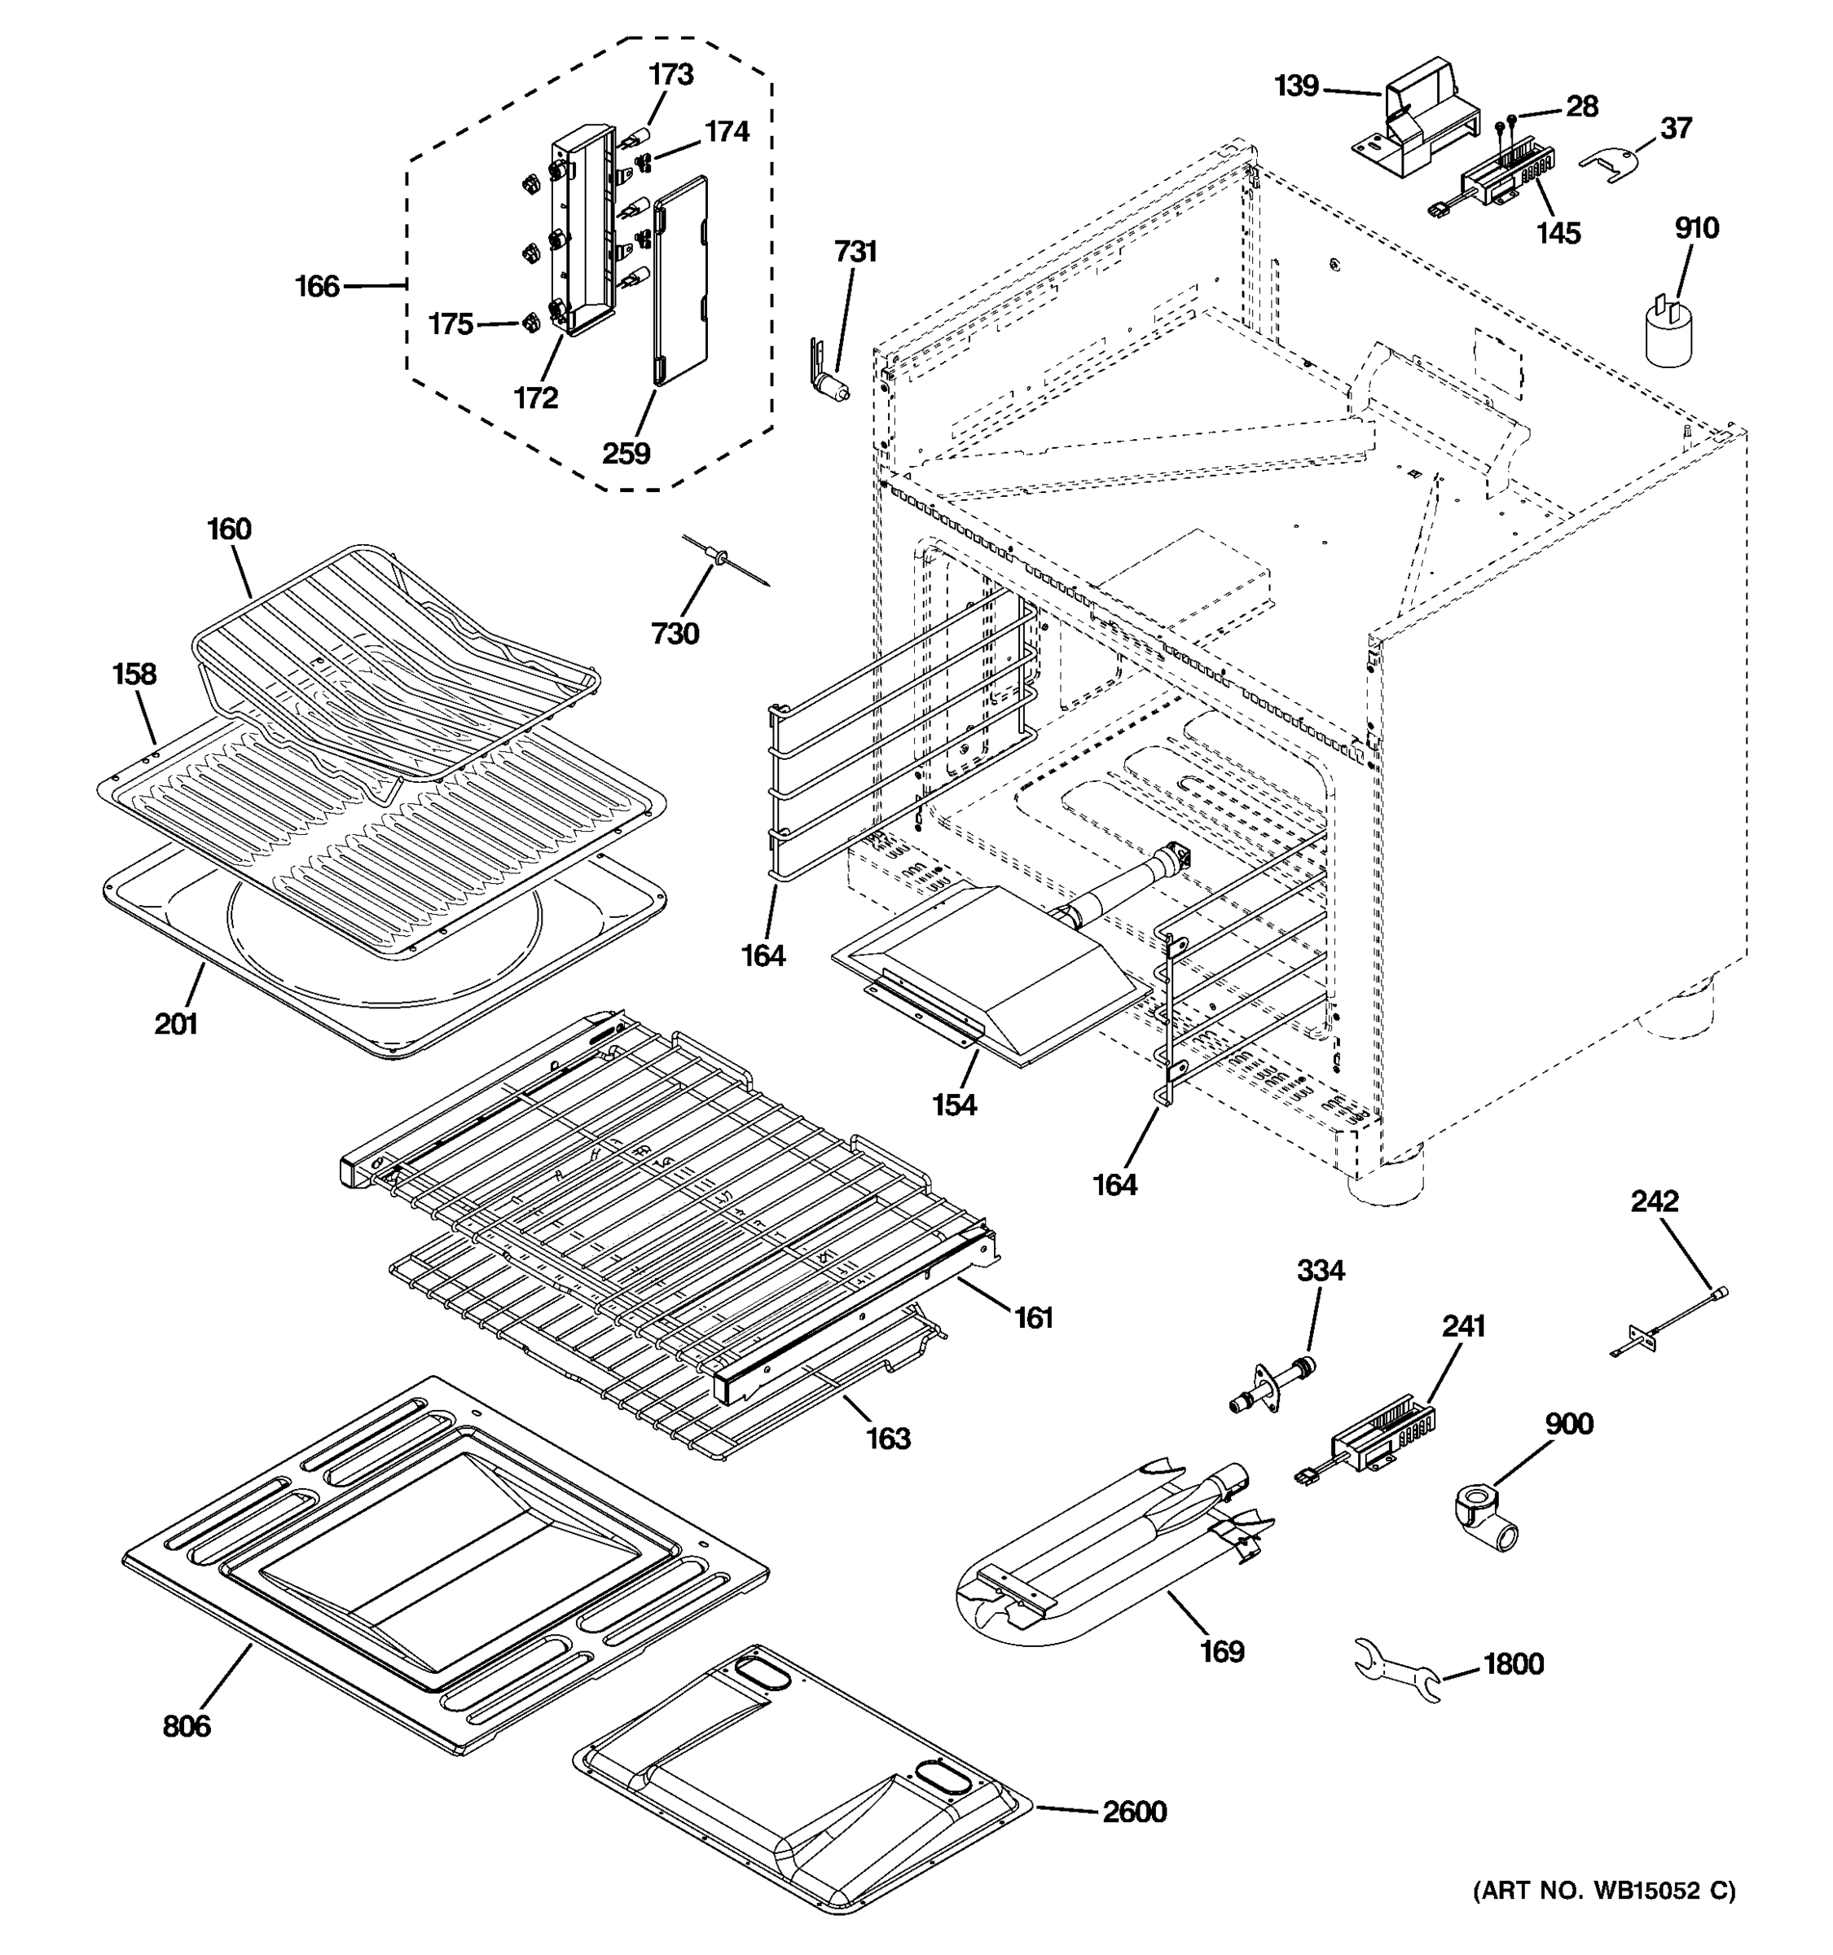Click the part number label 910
coord(1695,228)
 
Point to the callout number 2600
coord(1134,1812)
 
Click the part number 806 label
coord(186,1726)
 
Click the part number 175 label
coord(451,323)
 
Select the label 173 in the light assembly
coord(670,75)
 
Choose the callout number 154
coord(954,1105)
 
